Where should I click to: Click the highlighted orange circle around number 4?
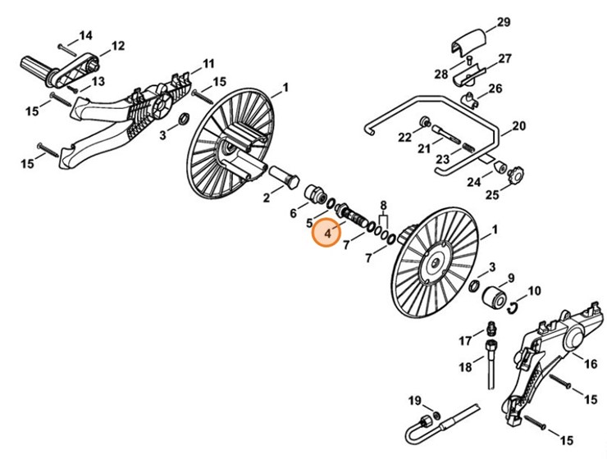click(x=328, y=234)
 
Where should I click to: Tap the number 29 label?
click(x=504, y=21)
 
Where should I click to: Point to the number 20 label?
click(x=518, y=127)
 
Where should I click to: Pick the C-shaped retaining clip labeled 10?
click(x=513, y=307)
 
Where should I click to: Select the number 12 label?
click(x=118, y=46)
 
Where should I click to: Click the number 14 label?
click(x=86, y=35)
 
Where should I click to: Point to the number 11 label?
click(x=209, y=63)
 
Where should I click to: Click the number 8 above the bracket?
click(x=383, y=204)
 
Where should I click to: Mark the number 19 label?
click(x=415, y=400)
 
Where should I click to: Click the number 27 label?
click(x=504, y=59)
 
